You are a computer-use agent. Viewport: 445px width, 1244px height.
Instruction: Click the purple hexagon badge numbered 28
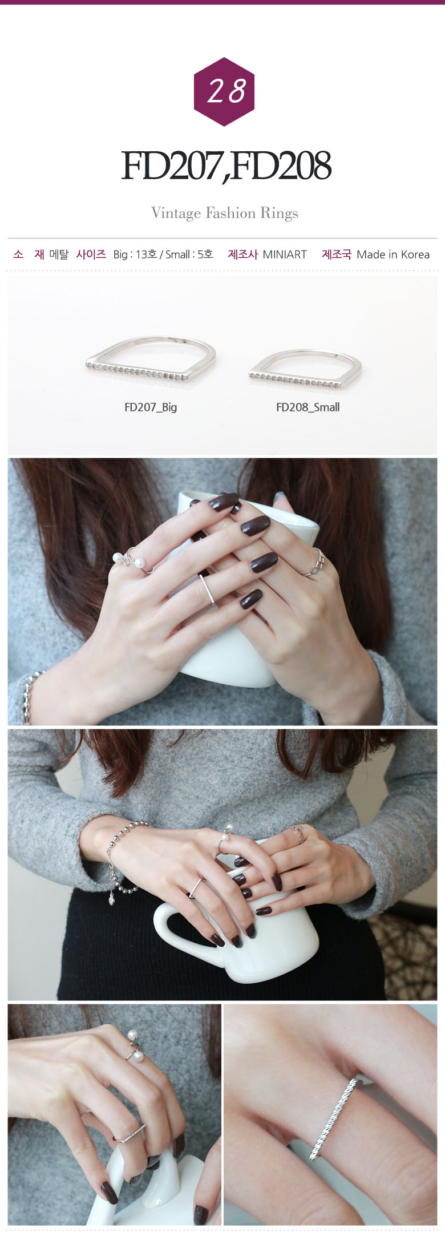[224, 91]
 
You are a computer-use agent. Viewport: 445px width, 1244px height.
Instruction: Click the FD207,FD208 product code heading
[226, 166]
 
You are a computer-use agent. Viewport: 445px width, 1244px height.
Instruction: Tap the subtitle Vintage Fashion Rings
[225, 213]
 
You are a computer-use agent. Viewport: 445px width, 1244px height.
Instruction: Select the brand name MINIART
[285, 255]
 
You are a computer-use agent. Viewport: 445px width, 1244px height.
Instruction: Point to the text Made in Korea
[393, 255]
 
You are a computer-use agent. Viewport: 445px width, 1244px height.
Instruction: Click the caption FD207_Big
[151, 407]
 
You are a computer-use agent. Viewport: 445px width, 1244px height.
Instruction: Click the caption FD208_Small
[308, 407]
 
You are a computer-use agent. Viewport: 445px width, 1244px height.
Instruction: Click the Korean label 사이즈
[91, 255]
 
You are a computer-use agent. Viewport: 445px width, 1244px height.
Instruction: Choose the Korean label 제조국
[337, 255]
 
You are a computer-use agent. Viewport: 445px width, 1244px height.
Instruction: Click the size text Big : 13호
[135, 255]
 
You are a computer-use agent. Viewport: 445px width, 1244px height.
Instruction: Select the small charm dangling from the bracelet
[112, 900]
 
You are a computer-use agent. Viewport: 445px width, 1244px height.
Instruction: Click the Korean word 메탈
[59, 255]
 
